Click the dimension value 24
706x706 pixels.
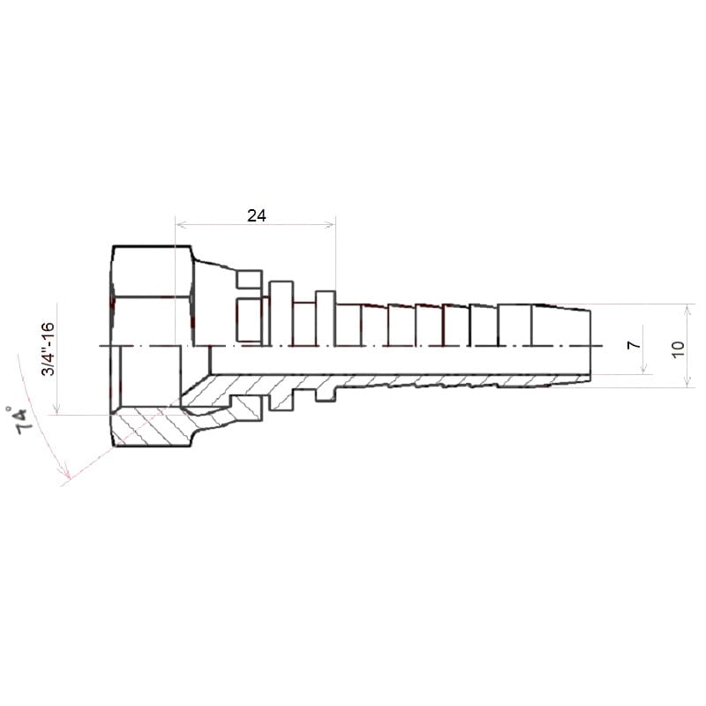[257, 215]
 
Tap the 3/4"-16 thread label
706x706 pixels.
[49, 349]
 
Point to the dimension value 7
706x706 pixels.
[634, 344]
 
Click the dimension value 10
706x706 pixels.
[678, 349]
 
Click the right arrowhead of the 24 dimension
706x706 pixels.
[330, 224]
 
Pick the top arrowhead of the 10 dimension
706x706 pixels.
[687, 310]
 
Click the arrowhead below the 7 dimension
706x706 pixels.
[644, 368]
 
